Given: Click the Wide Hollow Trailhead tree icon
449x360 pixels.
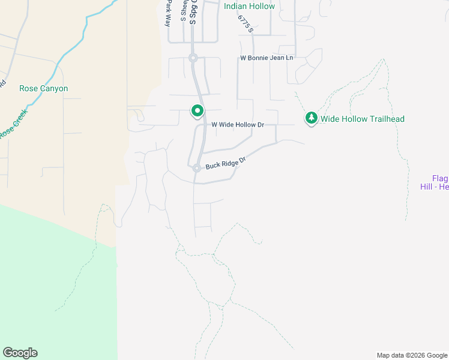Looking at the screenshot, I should click(311, 118).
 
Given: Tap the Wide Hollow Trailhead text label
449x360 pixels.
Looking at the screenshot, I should click(362, 119).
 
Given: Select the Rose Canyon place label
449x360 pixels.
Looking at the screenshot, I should click(43, 88).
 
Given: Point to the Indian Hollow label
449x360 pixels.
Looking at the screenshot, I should click(249, 7).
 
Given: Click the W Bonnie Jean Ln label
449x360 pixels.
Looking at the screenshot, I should click(267, 58).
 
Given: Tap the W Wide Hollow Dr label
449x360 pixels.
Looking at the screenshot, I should click(238, 125).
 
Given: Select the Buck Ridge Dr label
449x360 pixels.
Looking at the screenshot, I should click(226, 163).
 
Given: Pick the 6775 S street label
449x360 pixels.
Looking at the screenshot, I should click(246, 24).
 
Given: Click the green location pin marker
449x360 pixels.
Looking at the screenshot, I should click(197, 111).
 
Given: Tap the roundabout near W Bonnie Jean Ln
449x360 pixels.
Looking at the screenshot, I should click(193, 58).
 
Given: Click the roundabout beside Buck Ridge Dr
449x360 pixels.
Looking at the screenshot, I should click(196, 169).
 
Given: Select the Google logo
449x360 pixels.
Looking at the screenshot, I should click(20, 353).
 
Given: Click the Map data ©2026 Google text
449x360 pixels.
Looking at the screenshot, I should click(411, 355).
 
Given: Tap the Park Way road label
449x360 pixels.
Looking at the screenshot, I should click(169, 11).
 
